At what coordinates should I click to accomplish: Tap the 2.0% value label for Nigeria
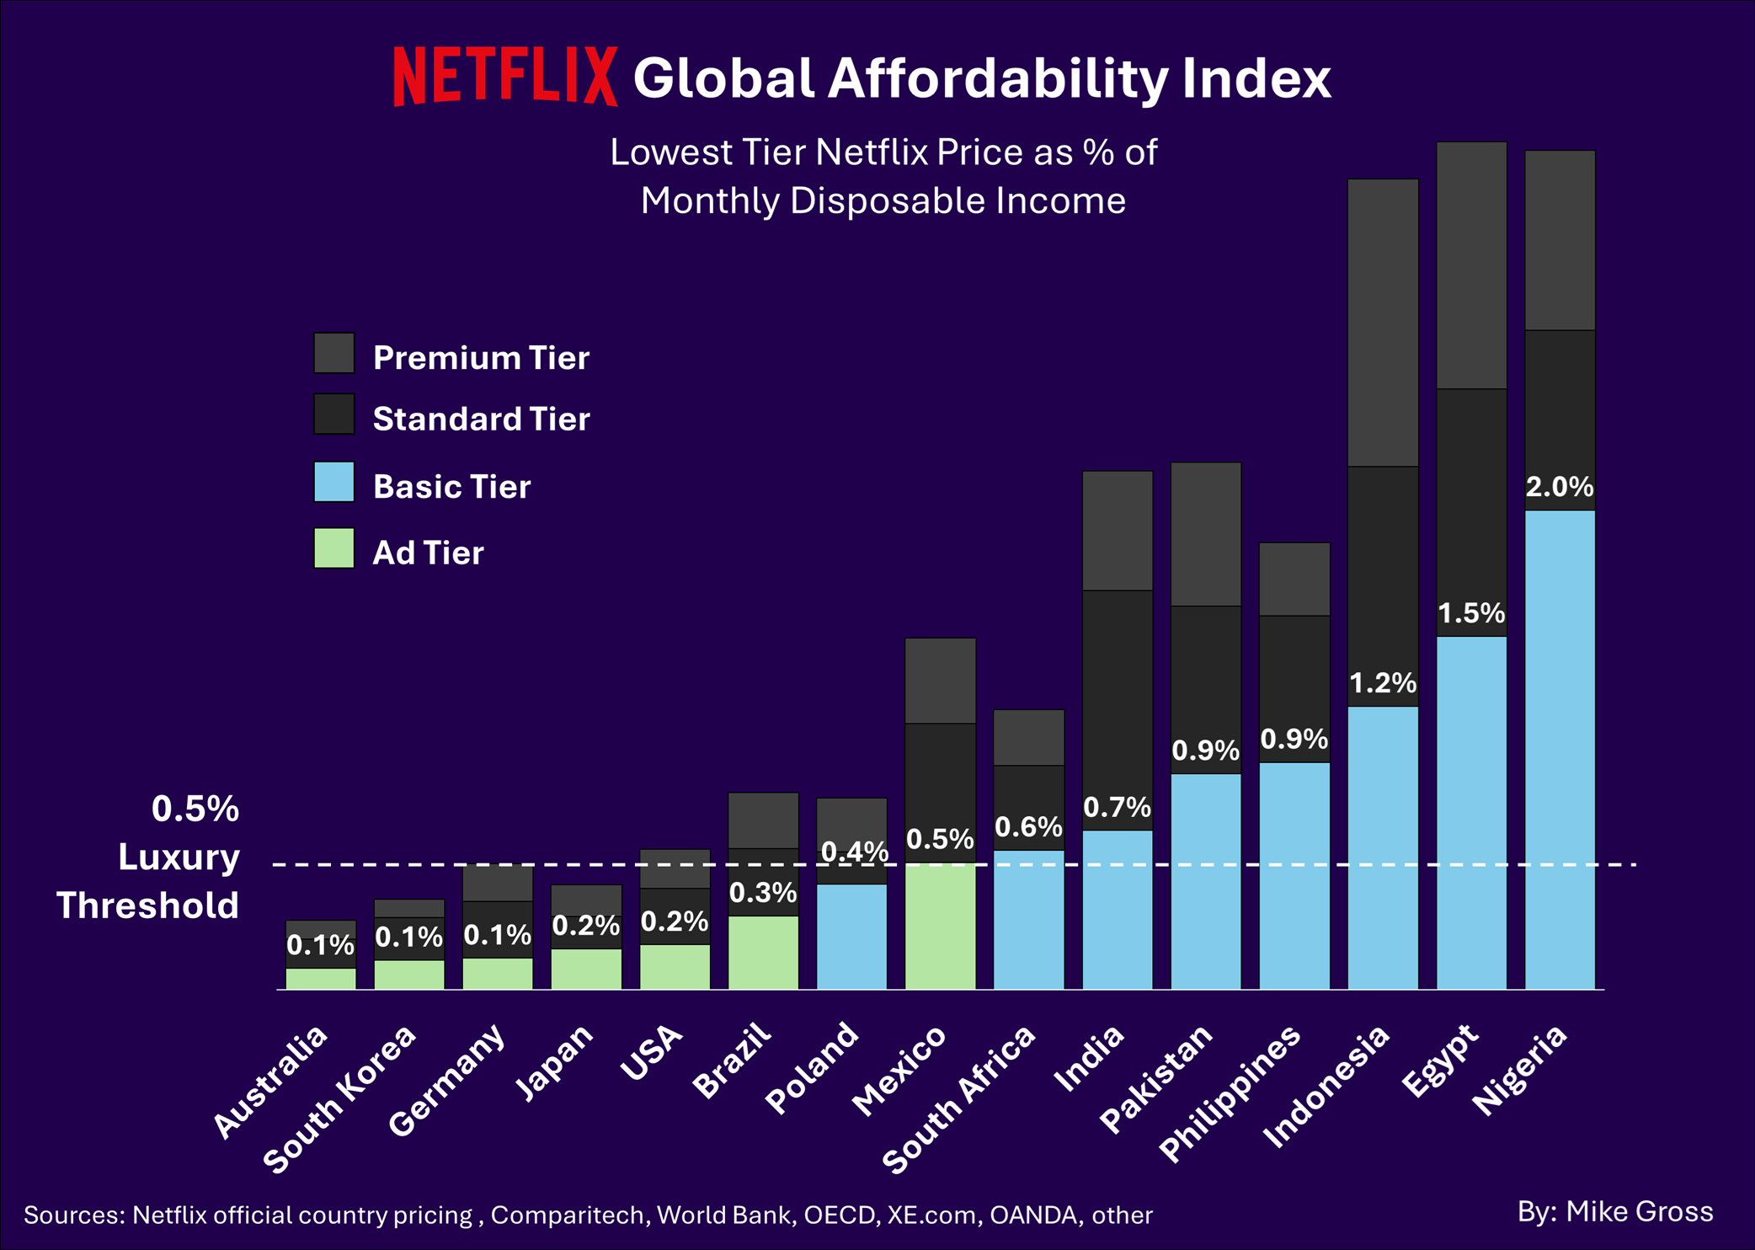(1560, 487)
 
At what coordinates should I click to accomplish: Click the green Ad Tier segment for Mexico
(940, 927)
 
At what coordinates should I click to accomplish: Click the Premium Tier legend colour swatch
(334, 353)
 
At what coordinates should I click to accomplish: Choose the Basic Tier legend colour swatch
(334, 482)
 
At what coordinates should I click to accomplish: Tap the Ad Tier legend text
(428, 553)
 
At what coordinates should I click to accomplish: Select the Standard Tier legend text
(481, 419)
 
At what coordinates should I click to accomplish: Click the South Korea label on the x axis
(340, 1098)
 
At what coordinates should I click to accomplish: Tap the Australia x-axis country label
(269, 1082)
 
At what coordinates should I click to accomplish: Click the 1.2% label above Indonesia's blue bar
(1383, 682)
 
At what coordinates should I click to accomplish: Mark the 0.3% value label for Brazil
(763, 893)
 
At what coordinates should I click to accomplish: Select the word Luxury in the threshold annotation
(179, 857)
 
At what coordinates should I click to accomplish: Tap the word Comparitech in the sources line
(568, 1215)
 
